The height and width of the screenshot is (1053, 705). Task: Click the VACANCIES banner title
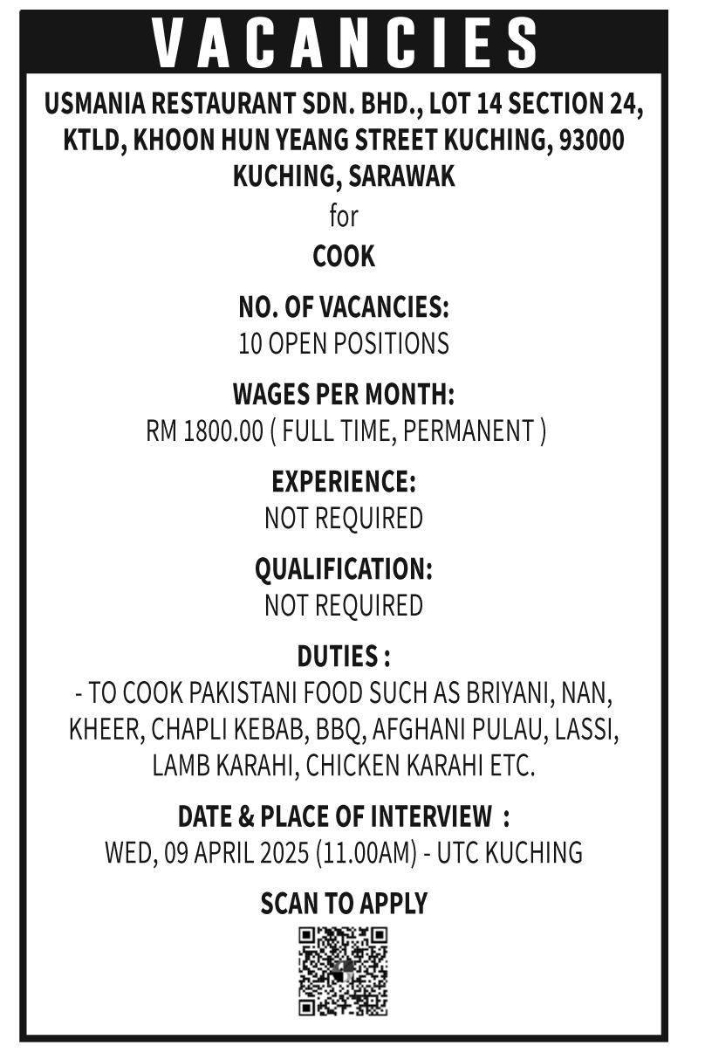[344, 43]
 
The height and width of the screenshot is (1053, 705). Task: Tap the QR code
[343, 971]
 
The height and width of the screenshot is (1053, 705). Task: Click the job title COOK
[344, 257]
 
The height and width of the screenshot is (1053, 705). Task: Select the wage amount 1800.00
[223, 431]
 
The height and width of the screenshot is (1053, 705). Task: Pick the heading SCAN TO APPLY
[344, 904]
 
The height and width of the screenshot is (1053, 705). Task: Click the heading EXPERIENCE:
[344, 482]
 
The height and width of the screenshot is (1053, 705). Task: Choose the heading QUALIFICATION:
[344, 569]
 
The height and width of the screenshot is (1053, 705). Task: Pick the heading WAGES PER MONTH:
[344, 395]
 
